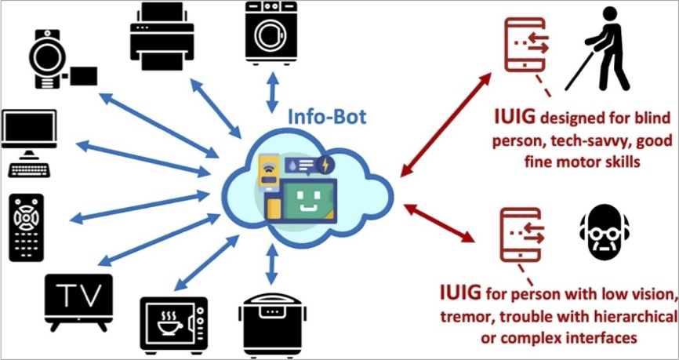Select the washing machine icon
pos(271,32)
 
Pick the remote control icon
pos(27,227)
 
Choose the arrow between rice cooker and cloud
pos(271,266)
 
